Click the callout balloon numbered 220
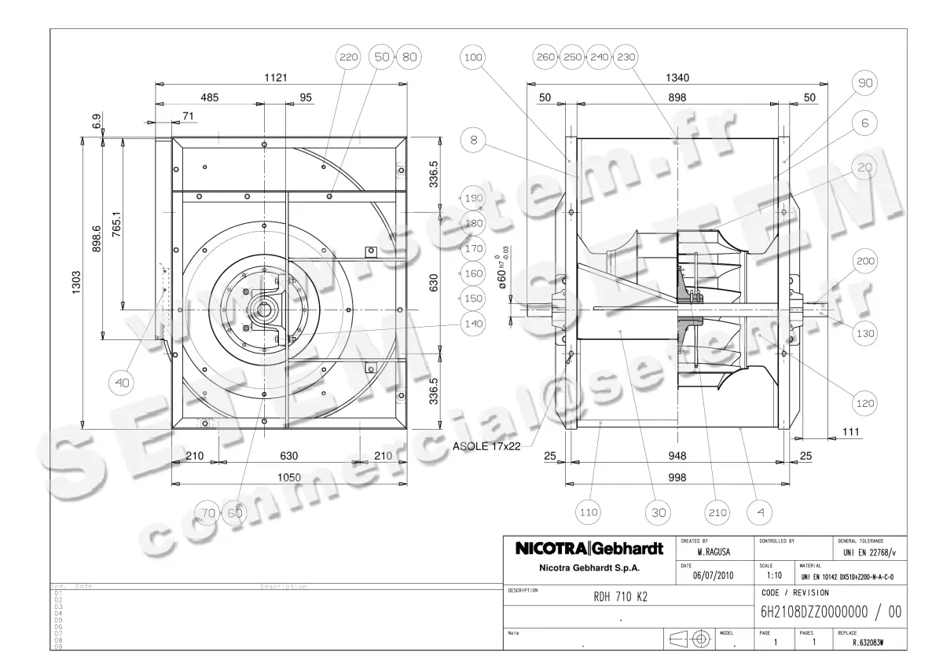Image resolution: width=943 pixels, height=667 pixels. point(348,57)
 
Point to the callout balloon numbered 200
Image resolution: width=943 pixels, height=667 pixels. point(865,261)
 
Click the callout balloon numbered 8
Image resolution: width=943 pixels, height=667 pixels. point(472,140)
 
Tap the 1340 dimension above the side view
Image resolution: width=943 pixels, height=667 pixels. point(677,77)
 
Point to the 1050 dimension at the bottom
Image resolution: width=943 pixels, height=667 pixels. point(289,477)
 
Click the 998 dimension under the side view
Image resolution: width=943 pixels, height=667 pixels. point(677,477)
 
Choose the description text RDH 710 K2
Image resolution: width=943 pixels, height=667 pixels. point(621,596)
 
